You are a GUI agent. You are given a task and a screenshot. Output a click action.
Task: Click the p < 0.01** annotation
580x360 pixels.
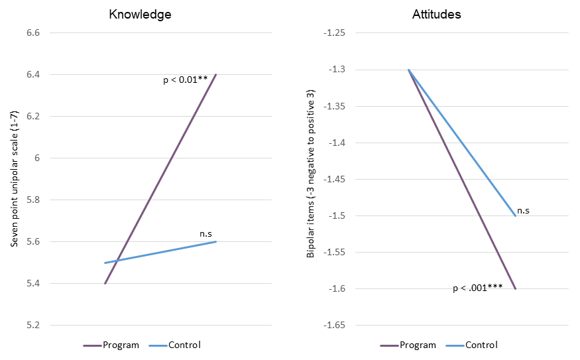click(186, 80)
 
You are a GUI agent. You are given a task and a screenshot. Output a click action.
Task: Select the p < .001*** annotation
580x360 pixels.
click(477, 288)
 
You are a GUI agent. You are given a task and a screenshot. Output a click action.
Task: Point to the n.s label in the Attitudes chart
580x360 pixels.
click(523, 210)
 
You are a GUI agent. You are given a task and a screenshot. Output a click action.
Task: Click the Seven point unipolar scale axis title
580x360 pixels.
click(13, 179)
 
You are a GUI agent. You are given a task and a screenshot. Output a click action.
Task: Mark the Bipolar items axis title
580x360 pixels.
click(310, 173)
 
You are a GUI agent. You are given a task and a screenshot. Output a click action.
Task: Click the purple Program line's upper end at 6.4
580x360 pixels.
click(216, 75)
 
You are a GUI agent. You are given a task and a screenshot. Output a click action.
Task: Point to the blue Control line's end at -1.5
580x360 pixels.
click(514, 215)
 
